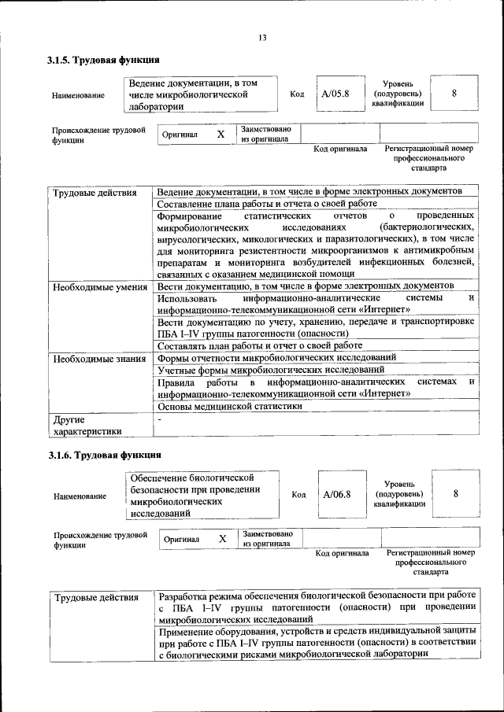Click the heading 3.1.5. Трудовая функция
[103, 60]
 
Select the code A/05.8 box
[335, 94]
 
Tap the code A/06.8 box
[337, 494]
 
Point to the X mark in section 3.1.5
[220, 135]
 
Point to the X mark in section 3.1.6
[223, 539]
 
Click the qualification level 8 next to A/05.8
[454, 94]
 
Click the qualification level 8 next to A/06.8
[456, 494]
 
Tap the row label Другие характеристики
[87, 426]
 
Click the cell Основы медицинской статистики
[229, 408]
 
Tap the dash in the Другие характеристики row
[159, 420]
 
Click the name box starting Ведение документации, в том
[202, 94]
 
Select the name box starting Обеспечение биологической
[203, 494]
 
